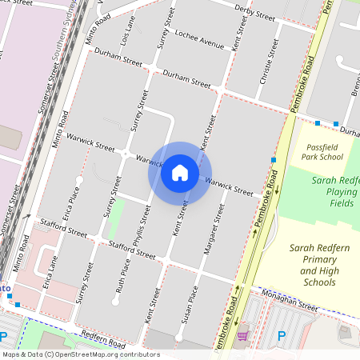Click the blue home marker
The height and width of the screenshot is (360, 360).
[180, 172]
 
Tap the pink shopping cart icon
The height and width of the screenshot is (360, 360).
[242, 334]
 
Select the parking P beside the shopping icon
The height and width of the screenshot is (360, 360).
[281, 336]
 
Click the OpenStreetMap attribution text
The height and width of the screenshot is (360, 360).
[80, 354]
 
